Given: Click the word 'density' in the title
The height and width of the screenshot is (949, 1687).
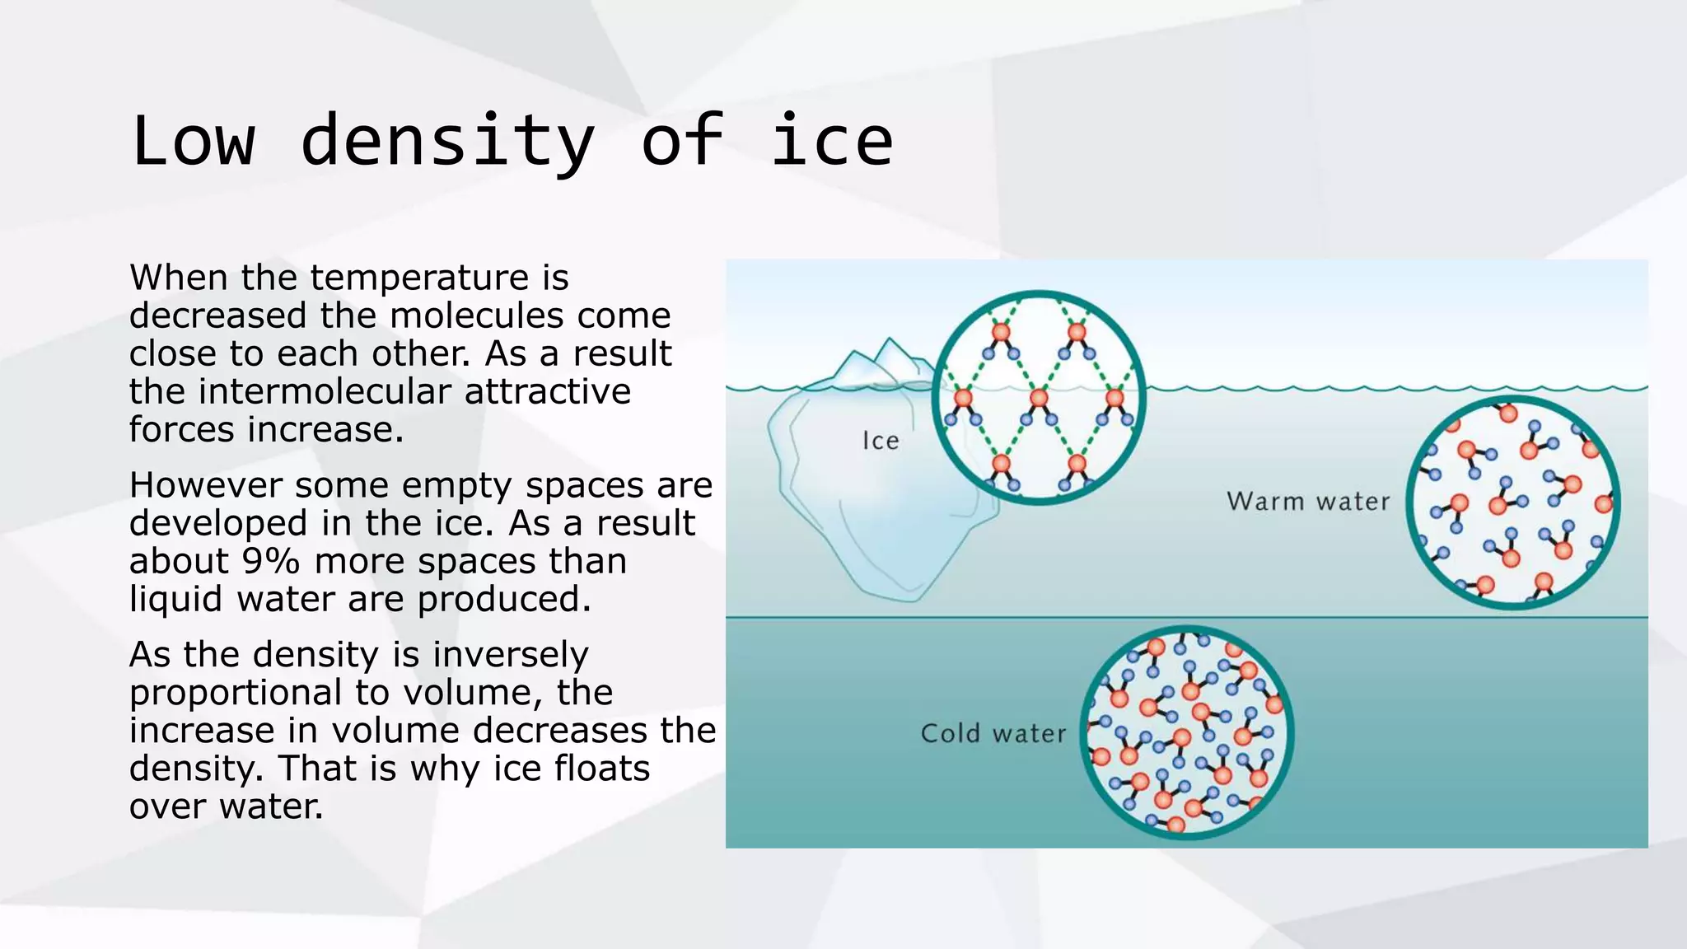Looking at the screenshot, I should [447, 142].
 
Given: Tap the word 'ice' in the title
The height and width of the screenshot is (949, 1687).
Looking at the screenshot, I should [831, 142].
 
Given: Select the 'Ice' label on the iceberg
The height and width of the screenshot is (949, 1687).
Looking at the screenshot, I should [880, 441].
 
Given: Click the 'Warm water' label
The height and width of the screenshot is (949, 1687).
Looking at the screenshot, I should [1307, 501].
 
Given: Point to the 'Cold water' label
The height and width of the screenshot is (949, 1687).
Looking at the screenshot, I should [993, 733].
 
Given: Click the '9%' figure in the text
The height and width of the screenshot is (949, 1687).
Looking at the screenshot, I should [270, 561].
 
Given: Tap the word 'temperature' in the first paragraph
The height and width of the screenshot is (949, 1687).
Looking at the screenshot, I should [419, 278].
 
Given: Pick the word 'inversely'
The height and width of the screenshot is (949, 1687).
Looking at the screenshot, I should [511, 655].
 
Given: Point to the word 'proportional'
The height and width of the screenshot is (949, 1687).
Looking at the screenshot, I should [236, 693].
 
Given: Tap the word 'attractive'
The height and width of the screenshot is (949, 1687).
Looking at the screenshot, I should [548, 391].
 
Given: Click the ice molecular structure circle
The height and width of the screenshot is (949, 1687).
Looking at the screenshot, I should [1039, 397].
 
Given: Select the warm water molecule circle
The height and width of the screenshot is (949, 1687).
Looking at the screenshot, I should [1513, 503].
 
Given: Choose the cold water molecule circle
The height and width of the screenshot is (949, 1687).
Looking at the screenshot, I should [1186, 732].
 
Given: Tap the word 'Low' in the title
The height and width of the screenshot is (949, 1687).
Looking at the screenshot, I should [193, 142].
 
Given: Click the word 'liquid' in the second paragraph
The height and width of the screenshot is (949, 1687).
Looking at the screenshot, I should [175, 599].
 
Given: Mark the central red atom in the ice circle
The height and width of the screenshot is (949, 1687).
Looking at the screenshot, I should [1039, 399].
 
